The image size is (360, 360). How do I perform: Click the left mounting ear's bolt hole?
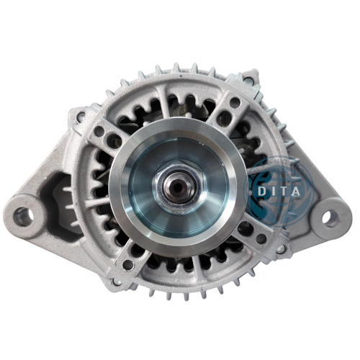click(x=24, y=214)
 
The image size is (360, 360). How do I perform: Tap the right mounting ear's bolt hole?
click(x=330, y=216)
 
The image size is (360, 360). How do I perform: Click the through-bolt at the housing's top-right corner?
click(x=248, y=79)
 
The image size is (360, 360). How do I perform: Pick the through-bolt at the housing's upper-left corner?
click(x=81, y=114)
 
